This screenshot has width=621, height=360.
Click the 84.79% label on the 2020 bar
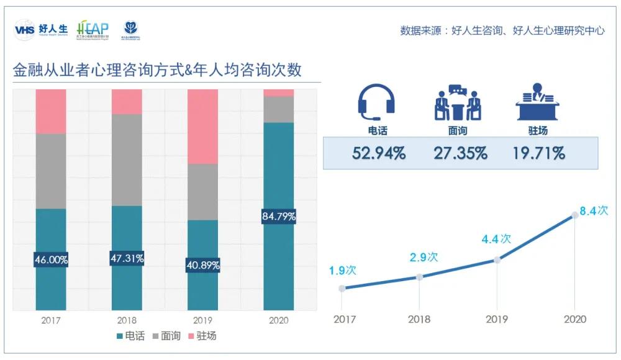[279, 217]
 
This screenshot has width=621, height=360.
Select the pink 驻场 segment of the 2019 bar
[202, 127]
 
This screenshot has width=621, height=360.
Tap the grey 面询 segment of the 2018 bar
[127, 160]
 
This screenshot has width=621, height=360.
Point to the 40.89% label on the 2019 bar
[202, 265]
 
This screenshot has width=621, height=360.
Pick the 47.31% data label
[127, 258]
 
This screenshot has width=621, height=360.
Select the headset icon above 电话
[376, 102]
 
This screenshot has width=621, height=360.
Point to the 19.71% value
[538, 153]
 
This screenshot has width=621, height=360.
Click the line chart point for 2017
[342, 288]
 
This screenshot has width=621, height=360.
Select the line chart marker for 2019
[497, 260]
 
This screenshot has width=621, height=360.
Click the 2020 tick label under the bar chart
[279, 321]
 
